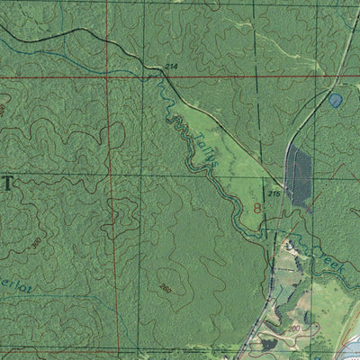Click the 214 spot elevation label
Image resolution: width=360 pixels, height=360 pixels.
click(x=171, y=67)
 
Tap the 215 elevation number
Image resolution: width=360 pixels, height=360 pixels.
click(x=274, y=194)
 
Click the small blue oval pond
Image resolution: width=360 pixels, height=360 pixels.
click(x=336, y=101)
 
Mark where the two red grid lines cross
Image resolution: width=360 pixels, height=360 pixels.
click(x=106, y=76)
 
